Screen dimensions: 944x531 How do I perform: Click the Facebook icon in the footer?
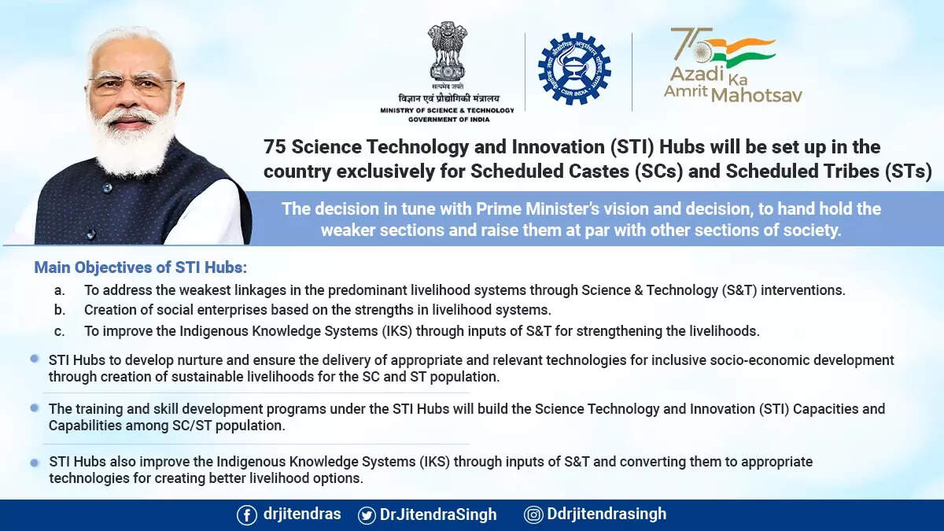[246, 515]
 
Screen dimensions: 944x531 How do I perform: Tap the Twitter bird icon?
[367, 515]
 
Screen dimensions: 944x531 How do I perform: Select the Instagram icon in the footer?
[533, 514]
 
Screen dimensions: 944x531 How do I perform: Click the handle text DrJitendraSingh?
[438, 514]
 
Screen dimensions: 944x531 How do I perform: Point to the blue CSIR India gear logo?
[574, 68]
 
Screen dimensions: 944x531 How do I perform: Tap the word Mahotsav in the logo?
[757, 95]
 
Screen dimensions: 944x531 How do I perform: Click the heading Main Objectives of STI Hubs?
[141, 267]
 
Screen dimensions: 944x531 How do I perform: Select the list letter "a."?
[60, 290]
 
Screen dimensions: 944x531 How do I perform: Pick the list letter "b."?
[60, 310]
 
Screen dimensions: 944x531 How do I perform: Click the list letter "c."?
[60, 331]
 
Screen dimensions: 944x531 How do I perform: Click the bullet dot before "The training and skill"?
[35, 408]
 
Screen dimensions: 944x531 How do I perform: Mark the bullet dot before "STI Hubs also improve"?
[35, 463]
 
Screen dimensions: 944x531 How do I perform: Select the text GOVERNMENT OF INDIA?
[449, 120]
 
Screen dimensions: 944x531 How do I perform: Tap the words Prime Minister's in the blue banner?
[537, 209]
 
